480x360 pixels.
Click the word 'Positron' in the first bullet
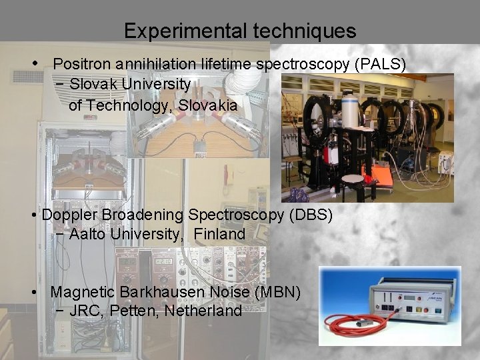81,64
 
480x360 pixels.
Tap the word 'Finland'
221,235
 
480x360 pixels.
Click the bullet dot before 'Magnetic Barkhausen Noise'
34,292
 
